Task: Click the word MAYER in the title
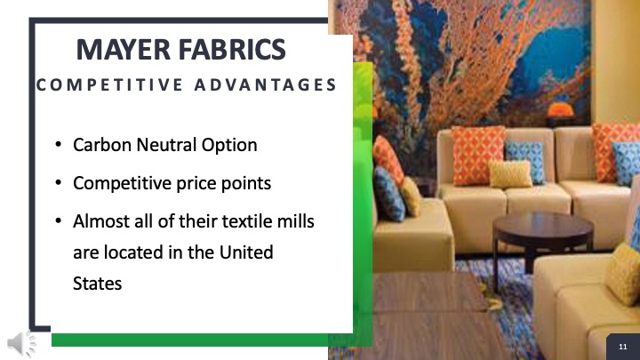(x=123, y=50)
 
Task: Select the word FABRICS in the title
(x=232, y=50)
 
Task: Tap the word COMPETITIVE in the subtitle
(x=109, y=85)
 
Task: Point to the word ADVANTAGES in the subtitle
(x=265, y=85)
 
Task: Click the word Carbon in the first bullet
(x=102, y=145)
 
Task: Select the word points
(x=245, y=184)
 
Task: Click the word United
(x=246, y=252)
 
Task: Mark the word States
(x=97, y=284)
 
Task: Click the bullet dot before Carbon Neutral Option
(x=59, y=145)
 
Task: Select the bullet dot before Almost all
(x=59, y=220)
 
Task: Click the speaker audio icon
(x=21, y=343)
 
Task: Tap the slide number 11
(x=623, y=347)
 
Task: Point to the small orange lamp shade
(x=560, y=109)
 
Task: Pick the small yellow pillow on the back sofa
(x=510, y=174)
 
